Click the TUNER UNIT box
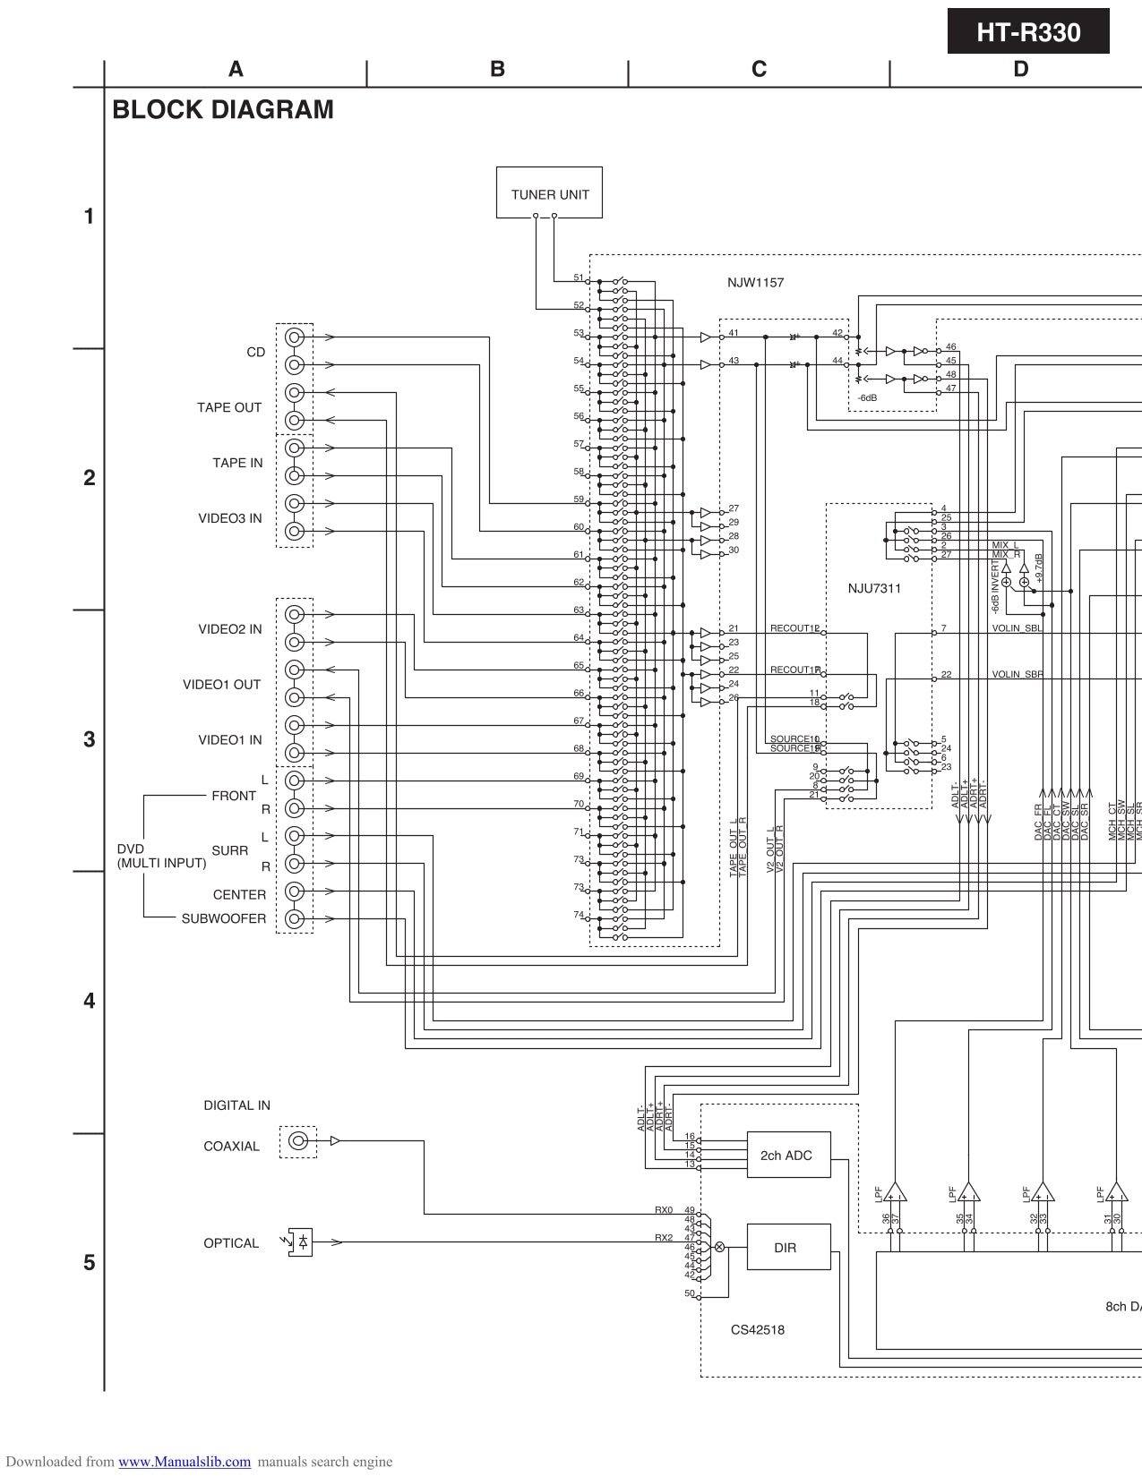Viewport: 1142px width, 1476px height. tap(549, 192)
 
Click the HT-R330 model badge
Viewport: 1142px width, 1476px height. tap(1028, 33)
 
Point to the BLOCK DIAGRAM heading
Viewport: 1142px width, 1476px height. tap(223, 110)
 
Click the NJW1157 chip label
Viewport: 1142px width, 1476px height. tap(755, 283)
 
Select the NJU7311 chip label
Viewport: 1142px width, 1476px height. tap(874, 588)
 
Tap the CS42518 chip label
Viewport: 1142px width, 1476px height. tap(757, 1329)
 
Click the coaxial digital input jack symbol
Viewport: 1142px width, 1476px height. tap(298, 1141)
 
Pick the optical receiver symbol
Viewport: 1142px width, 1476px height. tap(300, 1242)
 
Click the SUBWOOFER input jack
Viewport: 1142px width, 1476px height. tap(294, 919)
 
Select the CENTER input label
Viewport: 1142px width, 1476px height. tap(239, 894)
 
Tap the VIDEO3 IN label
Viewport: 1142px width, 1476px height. tap(230, 518)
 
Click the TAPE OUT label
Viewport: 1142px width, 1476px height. tap(229, 407)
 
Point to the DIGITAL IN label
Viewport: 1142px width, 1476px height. tap(236, 1105)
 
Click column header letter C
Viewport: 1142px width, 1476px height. tap(759, 70)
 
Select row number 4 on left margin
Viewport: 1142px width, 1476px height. tap(89, 1001)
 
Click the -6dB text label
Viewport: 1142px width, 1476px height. tap(867, 397)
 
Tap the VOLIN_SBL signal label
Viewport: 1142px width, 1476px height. tap(1017, 628)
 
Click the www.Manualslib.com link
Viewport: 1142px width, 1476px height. tap(185, 1462)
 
